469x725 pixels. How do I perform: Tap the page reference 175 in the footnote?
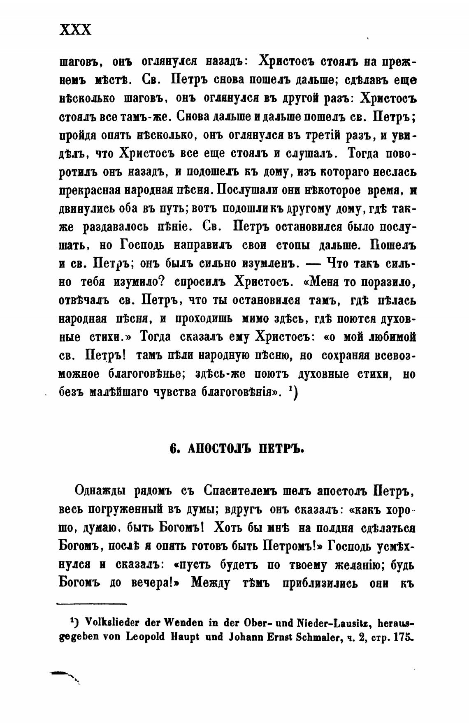[x=403, y=637]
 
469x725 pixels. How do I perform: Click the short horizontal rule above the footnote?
[x=91, y=604]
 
